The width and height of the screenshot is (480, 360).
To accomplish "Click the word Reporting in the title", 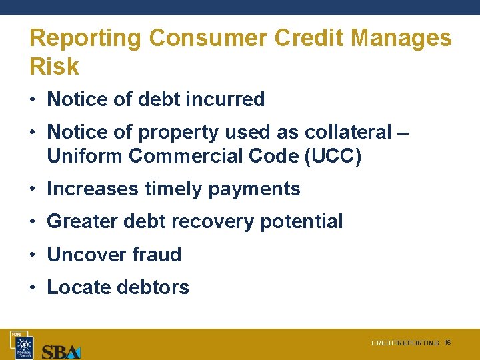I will pyautogui.click(x=85, y=38).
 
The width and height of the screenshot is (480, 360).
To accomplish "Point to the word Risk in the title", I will pyautogui.click(x=54, y=67).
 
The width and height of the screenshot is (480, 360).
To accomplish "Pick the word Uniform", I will pyautogui.click(x=85, y=156).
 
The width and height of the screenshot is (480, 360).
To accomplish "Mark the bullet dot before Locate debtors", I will pyautogui.click(x=33, y=287).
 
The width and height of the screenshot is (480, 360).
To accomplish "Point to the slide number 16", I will pyautogui.click(x=448, y=342).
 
